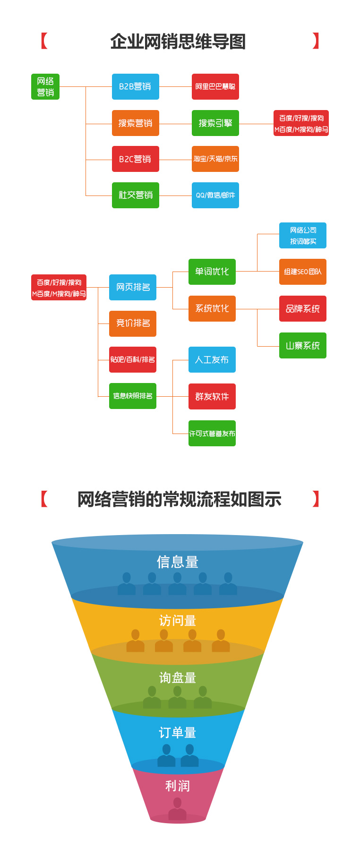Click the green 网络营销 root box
click(45, 87)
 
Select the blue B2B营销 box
click(135, 87)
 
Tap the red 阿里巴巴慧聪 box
click(215, 87)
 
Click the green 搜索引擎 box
click(215, 123)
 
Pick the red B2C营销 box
click(135, 159)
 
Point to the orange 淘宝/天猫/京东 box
click(215, 159)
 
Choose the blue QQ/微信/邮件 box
click(215, 195)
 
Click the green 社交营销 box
click(135, 195)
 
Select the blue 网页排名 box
click(133, 287)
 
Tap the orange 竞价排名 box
click(133, 324)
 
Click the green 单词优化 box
click(212, 272)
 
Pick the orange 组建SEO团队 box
click(302, 272)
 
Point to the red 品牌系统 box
click(302, 309)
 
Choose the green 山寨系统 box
click(302, 346)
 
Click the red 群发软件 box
click(212, 397)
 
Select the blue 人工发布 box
click(212, 360)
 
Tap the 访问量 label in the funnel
click(178, 621)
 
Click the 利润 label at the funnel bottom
click(178, 786)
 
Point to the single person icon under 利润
click(178, 809)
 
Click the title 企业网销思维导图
click(178, 42)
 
